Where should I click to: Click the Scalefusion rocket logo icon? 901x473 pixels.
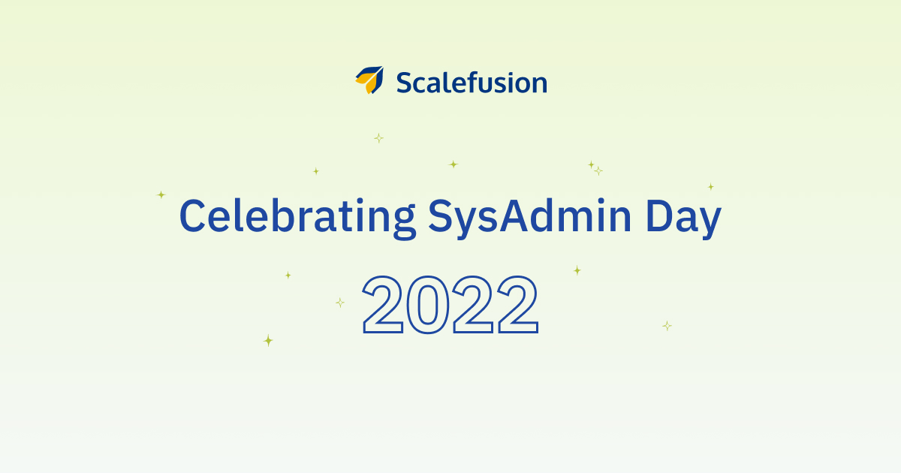tap(369, 80)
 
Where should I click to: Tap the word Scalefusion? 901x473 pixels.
tap(472, 83)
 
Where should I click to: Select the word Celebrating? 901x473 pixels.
tap(297, 216)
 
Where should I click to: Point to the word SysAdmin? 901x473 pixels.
tap(529, 216)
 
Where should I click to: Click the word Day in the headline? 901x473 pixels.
tap(683, 217)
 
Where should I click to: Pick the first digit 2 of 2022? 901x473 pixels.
tap(382, 305)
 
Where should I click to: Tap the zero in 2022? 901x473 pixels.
tap(427, 305)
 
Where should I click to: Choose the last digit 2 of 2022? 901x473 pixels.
tap(518, 305)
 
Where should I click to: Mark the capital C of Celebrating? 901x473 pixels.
tap(192, 215)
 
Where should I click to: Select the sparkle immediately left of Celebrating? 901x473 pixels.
tap(161, 194)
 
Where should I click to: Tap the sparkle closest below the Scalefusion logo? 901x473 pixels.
tap(378, 138)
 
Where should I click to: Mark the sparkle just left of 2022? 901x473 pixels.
tap(340, 303)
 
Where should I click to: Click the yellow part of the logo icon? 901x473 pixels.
tap(366, 83)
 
